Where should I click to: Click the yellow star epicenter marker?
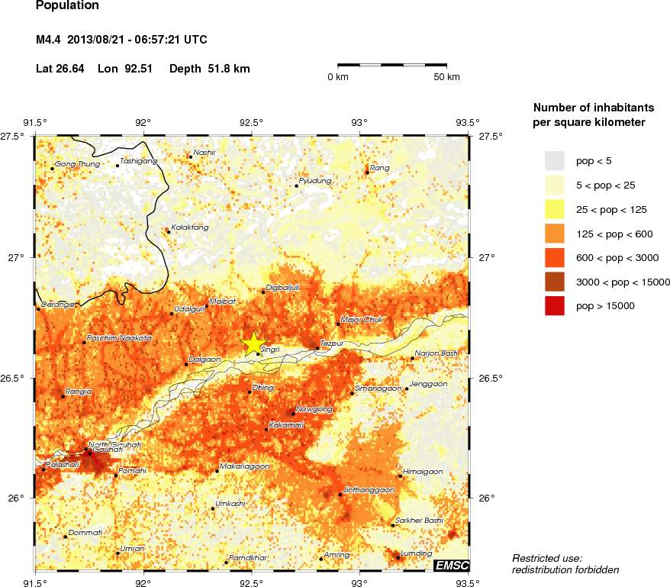tap(253, 344)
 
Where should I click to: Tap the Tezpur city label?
tap(333, 343)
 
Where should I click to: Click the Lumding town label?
tap(417, 553)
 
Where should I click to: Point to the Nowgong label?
tap(314, 409)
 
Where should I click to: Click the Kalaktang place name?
tap(189, 227)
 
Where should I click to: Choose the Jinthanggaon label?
tap(369, 489)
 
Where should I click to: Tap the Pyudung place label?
tap(315, 181)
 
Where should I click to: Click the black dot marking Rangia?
tap(63, 396)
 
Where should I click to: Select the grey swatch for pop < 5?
tap(555, 160)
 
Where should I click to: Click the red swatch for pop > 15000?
tap(555, 305)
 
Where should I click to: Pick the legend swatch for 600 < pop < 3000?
tap(555, 257)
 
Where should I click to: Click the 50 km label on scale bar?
tap(446, 77)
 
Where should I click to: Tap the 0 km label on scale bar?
tap(338, 77)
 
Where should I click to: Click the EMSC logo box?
tap(451, 565)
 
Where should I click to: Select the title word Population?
tap(67, 6)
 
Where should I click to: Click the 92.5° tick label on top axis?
tap(252, 122)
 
